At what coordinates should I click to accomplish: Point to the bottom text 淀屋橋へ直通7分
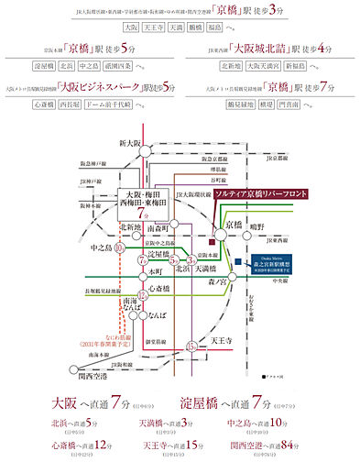245,407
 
